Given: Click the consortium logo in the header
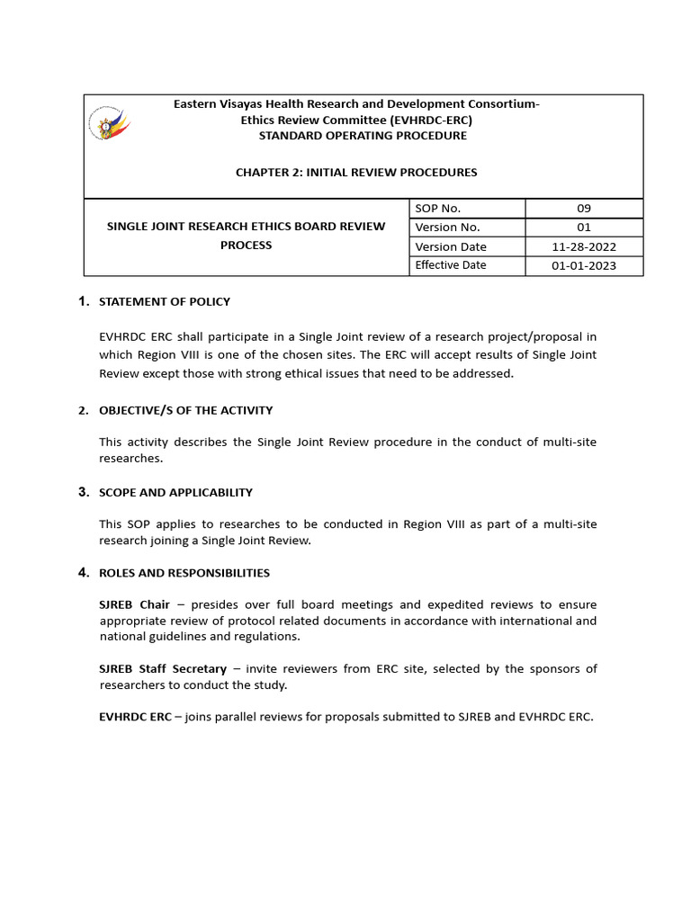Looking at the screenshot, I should click(x=109, y=124).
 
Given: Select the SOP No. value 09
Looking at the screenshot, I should click(x=584, y=208).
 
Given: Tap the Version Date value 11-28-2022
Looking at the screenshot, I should click(x=584, y=246).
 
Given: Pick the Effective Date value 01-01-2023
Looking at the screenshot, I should click(x=584, y=265).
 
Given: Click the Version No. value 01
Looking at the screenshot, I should click(x=584, y=228).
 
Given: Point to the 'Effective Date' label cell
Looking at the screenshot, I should click(x=451, y=265).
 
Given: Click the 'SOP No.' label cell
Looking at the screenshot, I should click(x=438, y=208).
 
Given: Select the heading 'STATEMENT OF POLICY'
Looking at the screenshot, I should click(x=165, y=301).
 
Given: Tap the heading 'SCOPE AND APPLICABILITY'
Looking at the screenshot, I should click(x=175, y=492).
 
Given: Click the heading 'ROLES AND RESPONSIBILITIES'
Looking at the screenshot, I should click(x=184, y=573).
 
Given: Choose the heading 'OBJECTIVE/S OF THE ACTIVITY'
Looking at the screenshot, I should click(x=185, y=410).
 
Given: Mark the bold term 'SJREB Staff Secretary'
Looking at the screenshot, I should click(x=163, y=668).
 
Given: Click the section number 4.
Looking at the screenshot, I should click(x=83, y=572).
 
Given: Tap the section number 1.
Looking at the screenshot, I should click(x=83, y=300).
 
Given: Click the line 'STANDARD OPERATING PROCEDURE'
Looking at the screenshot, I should click(x=363, y=136).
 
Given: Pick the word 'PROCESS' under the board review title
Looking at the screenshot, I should click(x=246, y=245).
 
